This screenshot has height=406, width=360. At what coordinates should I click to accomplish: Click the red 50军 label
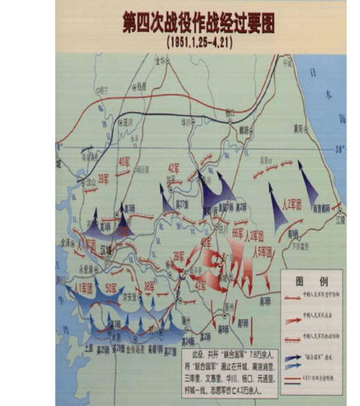pyautogui.click(x=111, y=288)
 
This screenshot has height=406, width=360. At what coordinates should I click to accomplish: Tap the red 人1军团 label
pyautogui.click(x=83, y=286)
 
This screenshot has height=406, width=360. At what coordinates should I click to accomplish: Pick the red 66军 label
pyautogui.click(x=237, y=233)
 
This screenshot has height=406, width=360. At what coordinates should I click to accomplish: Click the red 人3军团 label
pyautogui.click(x=257, y=235)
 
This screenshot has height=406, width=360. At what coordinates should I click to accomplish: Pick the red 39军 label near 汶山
pyautogui.click(x=102, y=179)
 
